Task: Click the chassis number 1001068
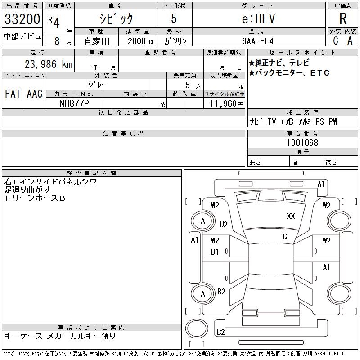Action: [302, 143]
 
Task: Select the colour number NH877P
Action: [75, 103]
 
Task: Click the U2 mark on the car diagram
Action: [224, 224]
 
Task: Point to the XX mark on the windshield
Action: [291, 216]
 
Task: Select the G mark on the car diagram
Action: [285, 237]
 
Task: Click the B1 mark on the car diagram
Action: [215, 252]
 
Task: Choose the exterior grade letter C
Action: [335, 40]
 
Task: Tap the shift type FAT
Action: [13, 94]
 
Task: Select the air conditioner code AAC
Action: [35, 94]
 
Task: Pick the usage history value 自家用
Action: [96, 40]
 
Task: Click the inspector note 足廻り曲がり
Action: [28, 190]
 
